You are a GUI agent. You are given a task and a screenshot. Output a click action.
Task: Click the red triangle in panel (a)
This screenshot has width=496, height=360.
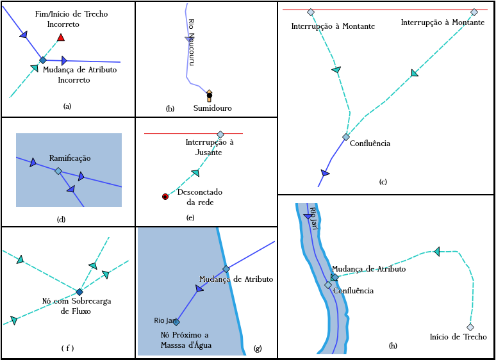click(x=61, y=38)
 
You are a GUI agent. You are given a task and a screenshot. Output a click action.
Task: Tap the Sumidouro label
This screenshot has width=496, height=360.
click(x=213, y=108)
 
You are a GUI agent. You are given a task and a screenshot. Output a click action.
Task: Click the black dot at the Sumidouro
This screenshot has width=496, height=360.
click(x=209, y=95)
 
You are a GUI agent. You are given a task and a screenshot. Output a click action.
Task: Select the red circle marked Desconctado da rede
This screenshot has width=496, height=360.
click(x=165, y=197)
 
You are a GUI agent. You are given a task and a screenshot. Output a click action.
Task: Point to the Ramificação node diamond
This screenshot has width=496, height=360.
click(x=58, y=171)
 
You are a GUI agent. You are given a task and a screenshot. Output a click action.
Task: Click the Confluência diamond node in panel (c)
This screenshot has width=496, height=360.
click(x=346, y=137)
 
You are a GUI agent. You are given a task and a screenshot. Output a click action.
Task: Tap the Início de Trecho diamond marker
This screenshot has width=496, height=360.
click(x=470, y=327)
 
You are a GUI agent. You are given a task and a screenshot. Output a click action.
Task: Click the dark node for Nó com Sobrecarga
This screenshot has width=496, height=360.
click(x=79, y=292)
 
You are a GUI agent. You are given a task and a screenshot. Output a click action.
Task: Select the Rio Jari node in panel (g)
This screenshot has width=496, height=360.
click(x=176, y=322)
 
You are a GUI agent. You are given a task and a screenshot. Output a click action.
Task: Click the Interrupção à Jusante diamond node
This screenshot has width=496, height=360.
click(x=220, y=134)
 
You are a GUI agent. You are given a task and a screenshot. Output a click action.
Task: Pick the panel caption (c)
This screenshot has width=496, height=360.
click(x=383, y=182)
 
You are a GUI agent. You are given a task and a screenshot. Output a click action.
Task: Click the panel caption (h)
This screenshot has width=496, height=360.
click(x=393, y=346)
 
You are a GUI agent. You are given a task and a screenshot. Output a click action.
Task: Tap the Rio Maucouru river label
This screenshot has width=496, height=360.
click(x=191, y=41)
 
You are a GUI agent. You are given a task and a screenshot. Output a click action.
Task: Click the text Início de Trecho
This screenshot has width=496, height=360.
click(x=458, y=337)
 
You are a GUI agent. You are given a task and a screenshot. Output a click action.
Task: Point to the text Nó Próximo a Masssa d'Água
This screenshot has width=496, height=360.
click(x=186, y=340)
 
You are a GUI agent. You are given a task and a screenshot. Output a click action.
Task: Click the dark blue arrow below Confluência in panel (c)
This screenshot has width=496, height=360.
click(x=326, y=173)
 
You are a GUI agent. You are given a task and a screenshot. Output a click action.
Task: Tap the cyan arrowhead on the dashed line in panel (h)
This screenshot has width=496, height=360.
click(x=437, y=251)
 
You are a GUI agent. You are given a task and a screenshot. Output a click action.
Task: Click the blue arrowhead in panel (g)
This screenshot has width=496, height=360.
click(x=199, y=289)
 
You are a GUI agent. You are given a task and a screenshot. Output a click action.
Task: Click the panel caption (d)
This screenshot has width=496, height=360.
click(x=62, y=219)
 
